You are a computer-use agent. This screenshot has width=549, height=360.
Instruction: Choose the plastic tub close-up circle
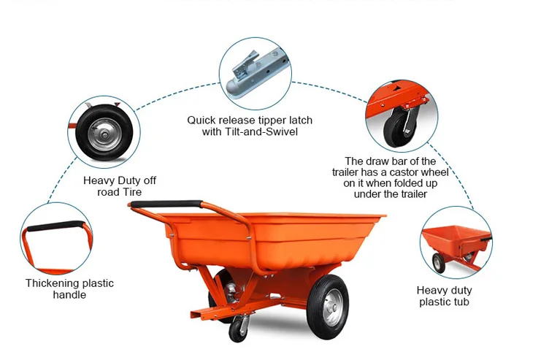click(x=456, y=242)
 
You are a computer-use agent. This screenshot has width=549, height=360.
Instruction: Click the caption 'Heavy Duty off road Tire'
click(x=120, y=186)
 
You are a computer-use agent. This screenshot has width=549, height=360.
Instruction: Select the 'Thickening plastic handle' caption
click(x=69, y=288)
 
